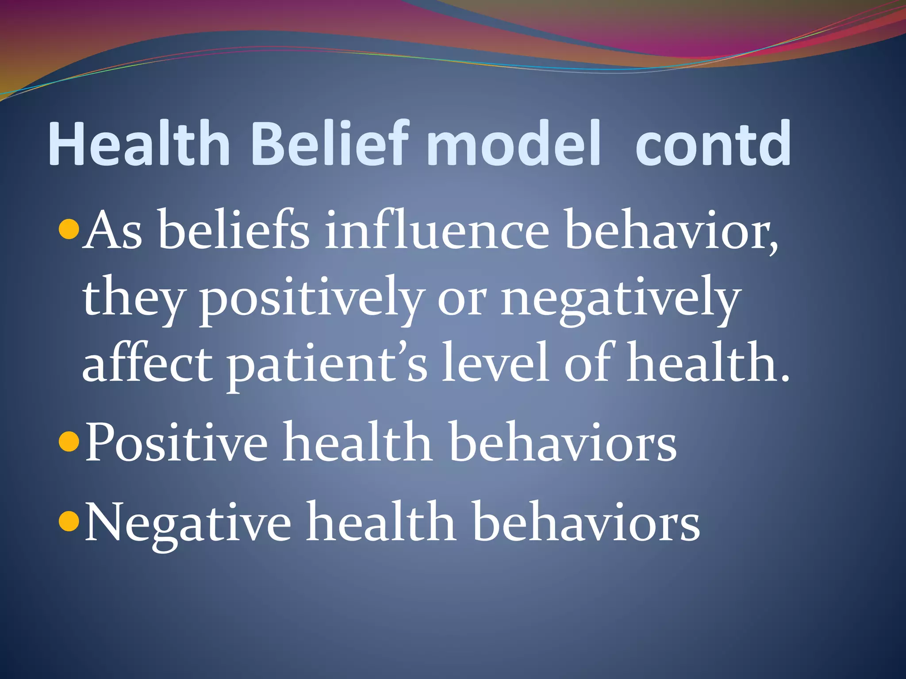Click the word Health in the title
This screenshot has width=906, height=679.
coord(139,144)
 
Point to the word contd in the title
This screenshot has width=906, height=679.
coord(713,144)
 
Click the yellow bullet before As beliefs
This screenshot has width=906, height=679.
coord(69,229)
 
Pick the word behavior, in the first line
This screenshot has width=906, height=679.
coord(671,232)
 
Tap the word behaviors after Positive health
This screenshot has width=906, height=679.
coord(562,442)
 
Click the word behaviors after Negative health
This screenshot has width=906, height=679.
coord(586,522)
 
